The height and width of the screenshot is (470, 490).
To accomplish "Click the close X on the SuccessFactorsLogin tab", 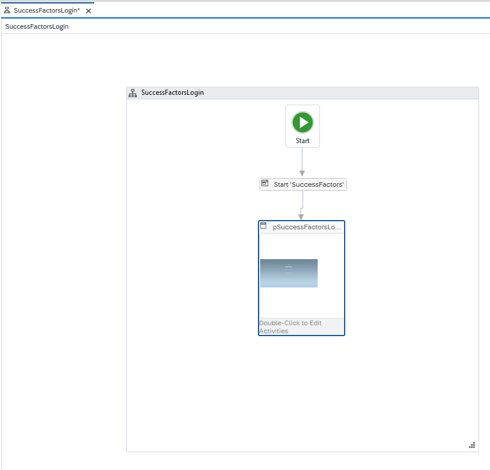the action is [88, 11].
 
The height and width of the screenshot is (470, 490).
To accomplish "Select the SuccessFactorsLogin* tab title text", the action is [47, 10].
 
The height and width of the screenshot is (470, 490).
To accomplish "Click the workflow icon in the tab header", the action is [7, 10].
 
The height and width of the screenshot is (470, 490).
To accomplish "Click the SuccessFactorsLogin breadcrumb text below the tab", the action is [37, 26].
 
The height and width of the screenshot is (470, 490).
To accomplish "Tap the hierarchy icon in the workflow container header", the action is [133, 93].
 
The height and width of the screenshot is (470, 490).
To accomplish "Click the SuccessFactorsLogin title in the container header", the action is [172, 93].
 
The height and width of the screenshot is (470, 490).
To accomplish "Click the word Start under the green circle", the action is [303, 141].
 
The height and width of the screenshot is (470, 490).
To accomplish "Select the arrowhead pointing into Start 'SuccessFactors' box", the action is [302, 174].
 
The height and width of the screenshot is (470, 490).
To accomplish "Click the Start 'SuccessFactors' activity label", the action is [308, 184].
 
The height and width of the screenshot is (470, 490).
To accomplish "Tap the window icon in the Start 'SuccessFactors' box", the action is [265, 183].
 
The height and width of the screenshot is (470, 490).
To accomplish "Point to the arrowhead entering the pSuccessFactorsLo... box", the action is [301, 217].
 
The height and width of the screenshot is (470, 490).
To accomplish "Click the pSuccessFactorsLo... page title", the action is [307, 227].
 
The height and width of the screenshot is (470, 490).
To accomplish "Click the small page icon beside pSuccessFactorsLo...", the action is [264, 225].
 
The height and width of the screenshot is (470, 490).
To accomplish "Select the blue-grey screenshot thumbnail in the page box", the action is [289, 273].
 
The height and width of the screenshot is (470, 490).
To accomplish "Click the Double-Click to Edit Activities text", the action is [290, 327].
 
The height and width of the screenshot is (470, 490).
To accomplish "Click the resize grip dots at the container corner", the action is [472, 445].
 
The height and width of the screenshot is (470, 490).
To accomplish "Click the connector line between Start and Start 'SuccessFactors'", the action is [302, 159].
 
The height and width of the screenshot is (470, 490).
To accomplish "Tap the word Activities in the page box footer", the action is [273, 331].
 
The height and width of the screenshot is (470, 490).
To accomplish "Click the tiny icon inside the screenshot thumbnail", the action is [289, 269].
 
